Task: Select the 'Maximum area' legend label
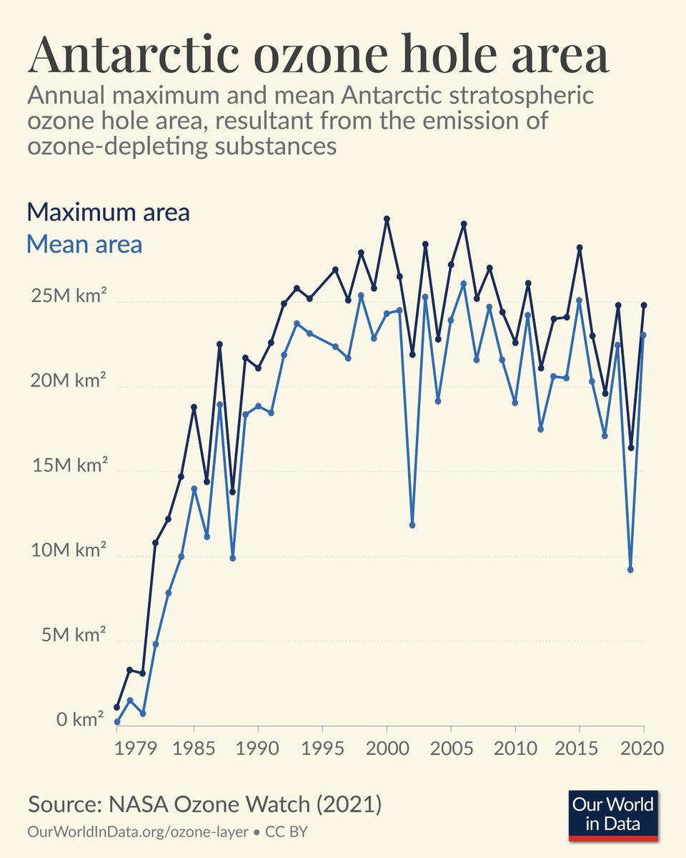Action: (x=108, y=212)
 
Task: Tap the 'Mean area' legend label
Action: (x=84, y=245)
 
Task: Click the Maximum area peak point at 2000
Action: (x=387, y=219)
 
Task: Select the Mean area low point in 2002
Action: (x=412, y=525)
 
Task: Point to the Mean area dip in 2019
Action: (x=630, y=570)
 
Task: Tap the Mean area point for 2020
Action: (x=643, y=335)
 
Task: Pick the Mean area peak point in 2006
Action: (x=464, y=284)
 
